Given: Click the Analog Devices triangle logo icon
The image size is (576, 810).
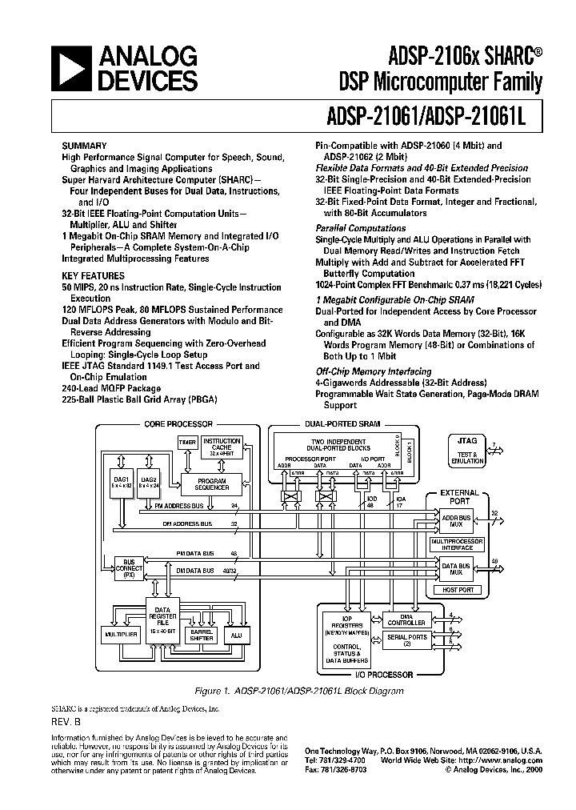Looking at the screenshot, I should (x=70, y=67).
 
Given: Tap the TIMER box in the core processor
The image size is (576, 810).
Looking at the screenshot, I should (x=186, y=442).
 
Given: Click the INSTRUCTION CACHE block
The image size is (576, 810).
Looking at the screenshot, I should (x=222, y=445).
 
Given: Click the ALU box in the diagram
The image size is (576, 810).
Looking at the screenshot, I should (x=236, y=633).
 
